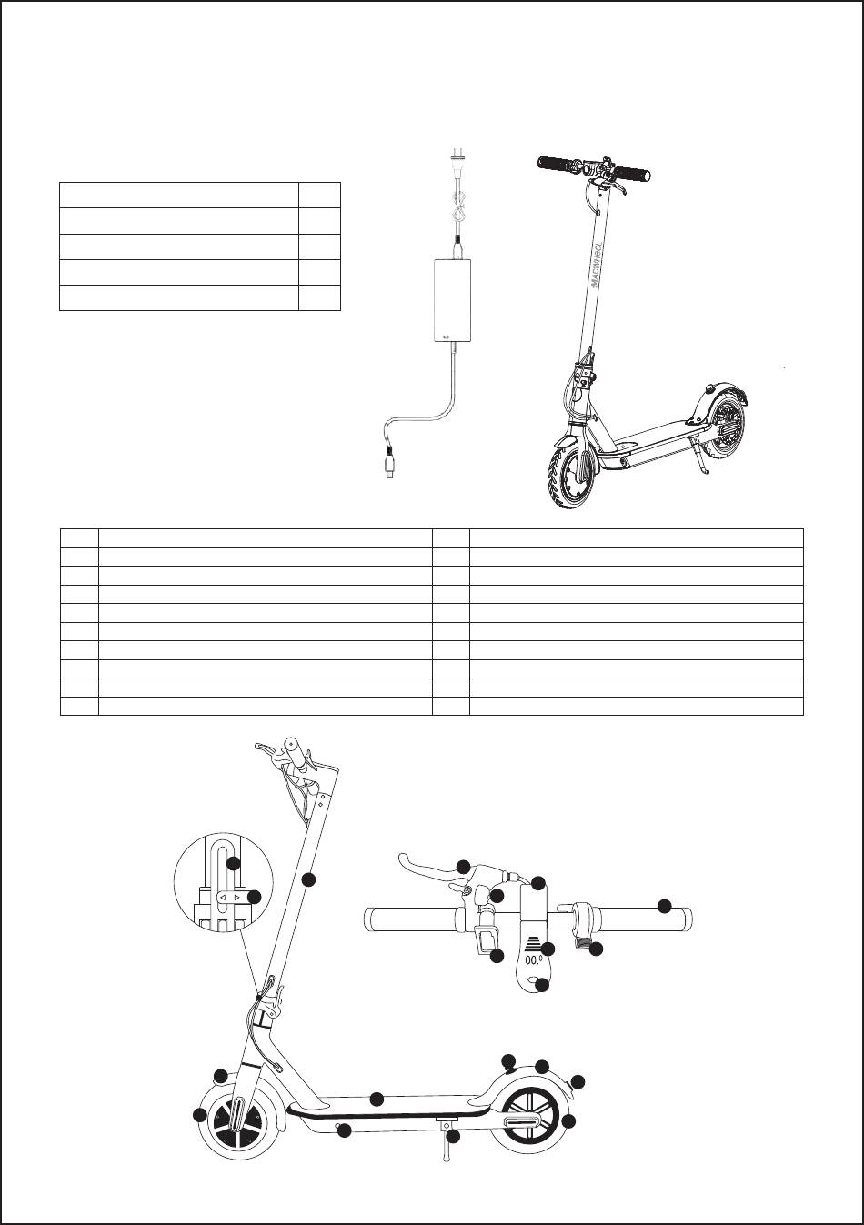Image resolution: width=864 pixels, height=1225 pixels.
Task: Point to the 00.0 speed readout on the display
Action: (x=532, y=957)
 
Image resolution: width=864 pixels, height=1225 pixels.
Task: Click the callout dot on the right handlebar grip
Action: (x=665, y=906)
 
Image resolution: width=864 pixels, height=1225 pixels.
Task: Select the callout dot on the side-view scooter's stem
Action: (x=308, y=879)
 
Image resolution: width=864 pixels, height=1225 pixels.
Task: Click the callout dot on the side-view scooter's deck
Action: (x=377, y=1098)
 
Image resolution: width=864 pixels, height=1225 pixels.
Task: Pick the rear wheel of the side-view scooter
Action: (x=527, y=1118)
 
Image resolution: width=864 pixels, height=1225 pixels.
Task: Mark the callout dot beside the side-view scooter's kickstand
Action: (x=453, y=1136)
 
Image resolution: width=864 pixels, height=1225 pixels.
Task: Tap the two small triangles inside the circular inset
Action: (x=228, y=898)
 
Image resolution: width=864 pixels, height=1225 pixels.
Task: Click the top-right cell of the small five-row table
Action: (x=319, y=196)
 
